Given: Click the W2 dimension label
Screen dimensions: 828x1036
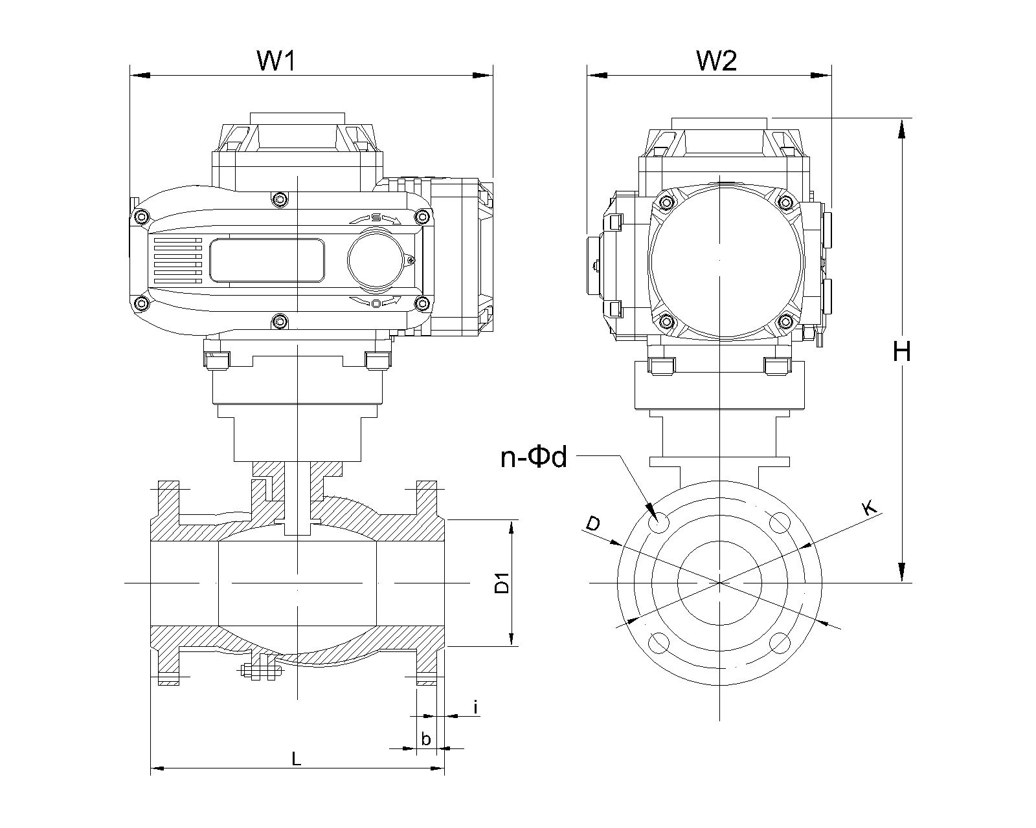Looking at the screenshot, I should click(x=717, y=61).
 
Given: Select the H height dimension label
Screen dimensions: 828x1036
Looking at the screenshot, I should click(x=901, y=352).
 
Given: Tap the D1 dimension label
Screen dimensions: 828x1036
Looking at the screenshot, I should click(x=502, y=583).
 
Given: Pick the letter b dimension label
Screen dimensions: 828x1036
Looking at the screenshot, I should click(x=426, y=739).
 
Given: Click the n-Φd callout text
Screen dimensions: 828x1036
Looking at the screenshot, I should click(x=534, y=458).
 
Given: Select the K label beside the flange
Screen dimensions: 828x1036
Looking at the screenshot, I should click(x=871, y=508).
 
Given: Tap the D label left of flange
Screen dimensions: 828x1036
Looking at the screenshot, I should click(x=592, y=524).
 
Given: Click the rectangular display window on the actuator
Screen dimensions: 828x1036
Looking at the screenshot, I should click(x=267, y=260).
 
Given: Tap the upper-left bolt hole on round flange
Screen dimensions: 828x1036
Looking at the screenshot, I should click(x=659, y=522).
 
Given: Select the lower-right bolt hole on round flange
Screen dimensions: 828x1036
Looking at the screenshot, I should click(x=780, y=642).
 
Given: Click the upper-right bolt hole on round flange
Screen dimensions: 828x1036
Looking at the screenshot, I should click(x=780, y=522).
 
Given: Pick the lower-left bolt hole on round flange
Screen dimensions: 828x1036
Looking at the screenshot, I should click(x=659, y=642).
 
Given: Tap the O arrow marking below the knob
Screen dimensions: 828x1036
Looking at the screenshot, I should click(x=376, y=302).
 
